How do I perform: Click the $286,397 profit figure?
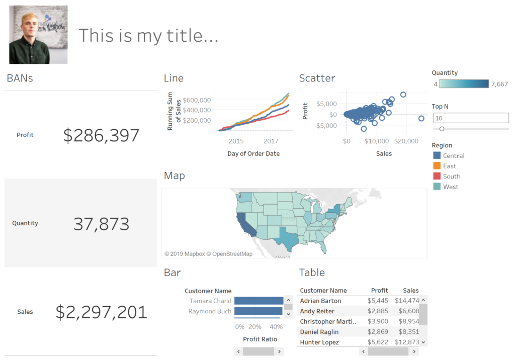101,135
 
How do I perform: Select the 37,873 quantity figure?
101,224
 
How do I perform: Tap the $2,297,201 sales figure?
101,312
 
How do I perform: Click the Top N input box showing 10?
470,118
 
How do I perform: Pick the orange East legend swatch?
437,166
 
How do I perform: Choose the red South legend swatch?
437,176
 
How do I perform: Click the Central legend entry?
453,156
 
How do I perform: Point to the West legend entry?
450,187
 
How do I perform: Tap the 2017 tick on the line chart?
271,141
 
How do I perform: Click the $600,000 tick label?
197,100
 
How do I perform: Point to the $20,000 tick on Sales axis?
403,141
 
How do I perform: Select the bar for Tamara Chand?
259,301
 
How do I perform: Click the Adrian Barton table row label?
320,301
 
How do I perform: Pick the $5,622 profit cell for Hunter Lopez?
378,342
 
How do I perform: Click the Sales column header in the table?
410,290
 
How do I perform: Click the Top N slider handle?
442,129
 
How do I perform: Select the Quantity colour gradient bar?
463,84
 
